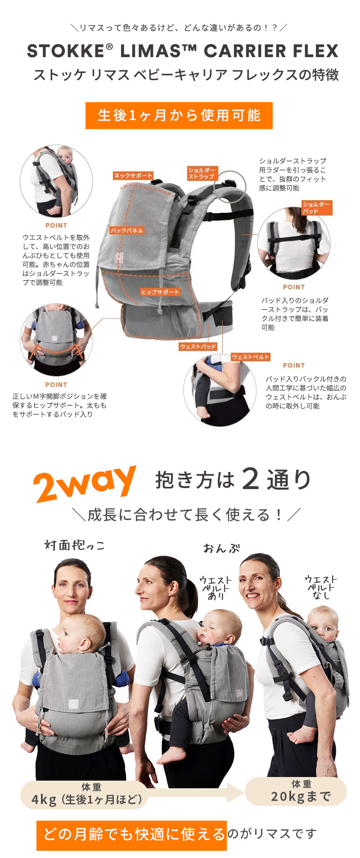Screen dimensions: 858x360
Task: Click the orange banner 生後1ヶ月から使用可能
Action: coord(179,116)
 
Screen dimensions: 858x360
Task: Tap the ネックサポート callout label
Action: coord(133,175)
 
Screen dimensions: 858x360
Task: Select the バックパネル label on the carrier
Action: coord(126,230)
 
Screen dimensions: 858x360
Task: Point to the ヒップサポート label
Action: coord(160,292)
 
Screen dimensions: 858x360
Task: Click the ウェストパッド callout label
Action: coord(198,346)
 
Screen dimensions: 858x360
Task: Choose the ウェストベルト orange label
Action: coord(250,357)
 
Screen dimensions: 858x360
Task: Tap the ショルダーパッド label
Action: coord(316,207)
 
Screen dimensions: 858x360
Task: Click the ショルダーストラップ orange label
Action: coord(202,173)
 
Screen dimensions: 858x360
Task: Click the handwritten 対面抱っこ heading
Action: coord(75,545)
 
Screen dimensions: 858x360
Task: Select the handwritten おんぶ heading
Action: coord(221,548)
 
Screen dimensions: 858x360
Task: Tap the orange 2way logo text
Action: coord(85,484)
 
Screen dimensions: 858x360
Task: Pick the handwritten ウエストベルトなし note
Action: coord(321,587)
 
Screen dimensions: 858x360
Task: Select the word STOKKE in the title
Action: coord(66,51)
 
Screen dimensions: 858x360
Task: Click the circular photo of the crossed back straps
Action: coord(293,243)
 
